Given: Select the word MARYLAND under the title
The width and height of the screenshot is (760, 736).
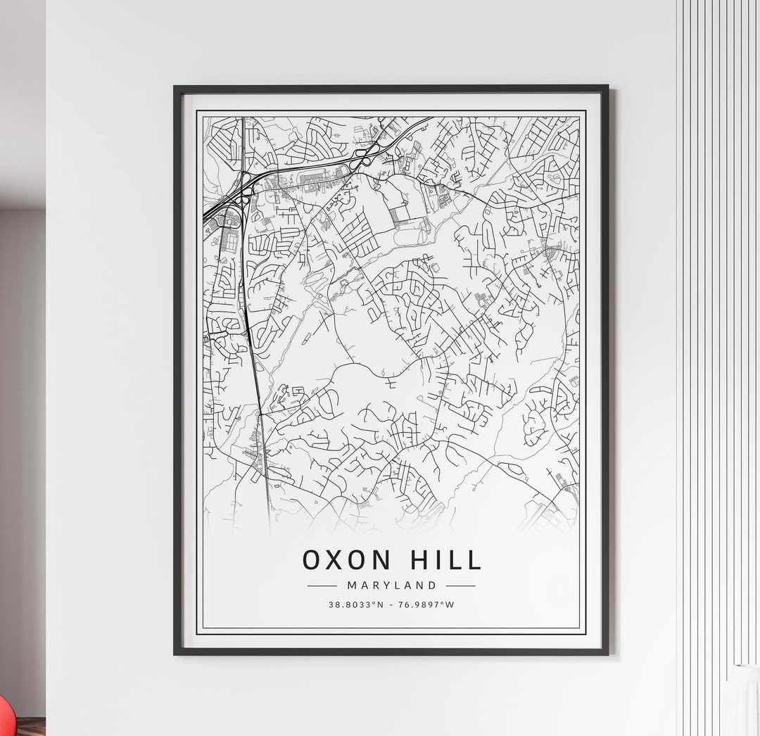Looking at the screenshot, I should tap(391, 585).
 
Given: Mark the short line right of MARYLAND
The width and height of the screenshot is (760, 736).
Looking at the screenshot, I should tap(460, 585).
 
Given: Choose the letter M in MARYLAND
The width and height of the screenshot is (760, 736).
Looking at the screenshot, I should tap(351, 585).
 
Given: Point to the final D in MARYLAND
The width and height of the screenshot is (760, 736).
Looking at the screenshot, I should tap(433, 585).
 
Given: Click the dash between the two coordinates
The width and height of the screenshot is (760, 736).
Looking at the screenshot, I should tap(391, 604).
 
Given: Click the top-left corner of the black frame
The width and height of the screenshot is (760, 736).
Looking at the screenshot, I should tap(175, 87).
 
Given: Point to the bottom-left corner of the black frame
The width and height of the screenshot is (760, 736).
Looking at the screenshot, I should tap(175, 654).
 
